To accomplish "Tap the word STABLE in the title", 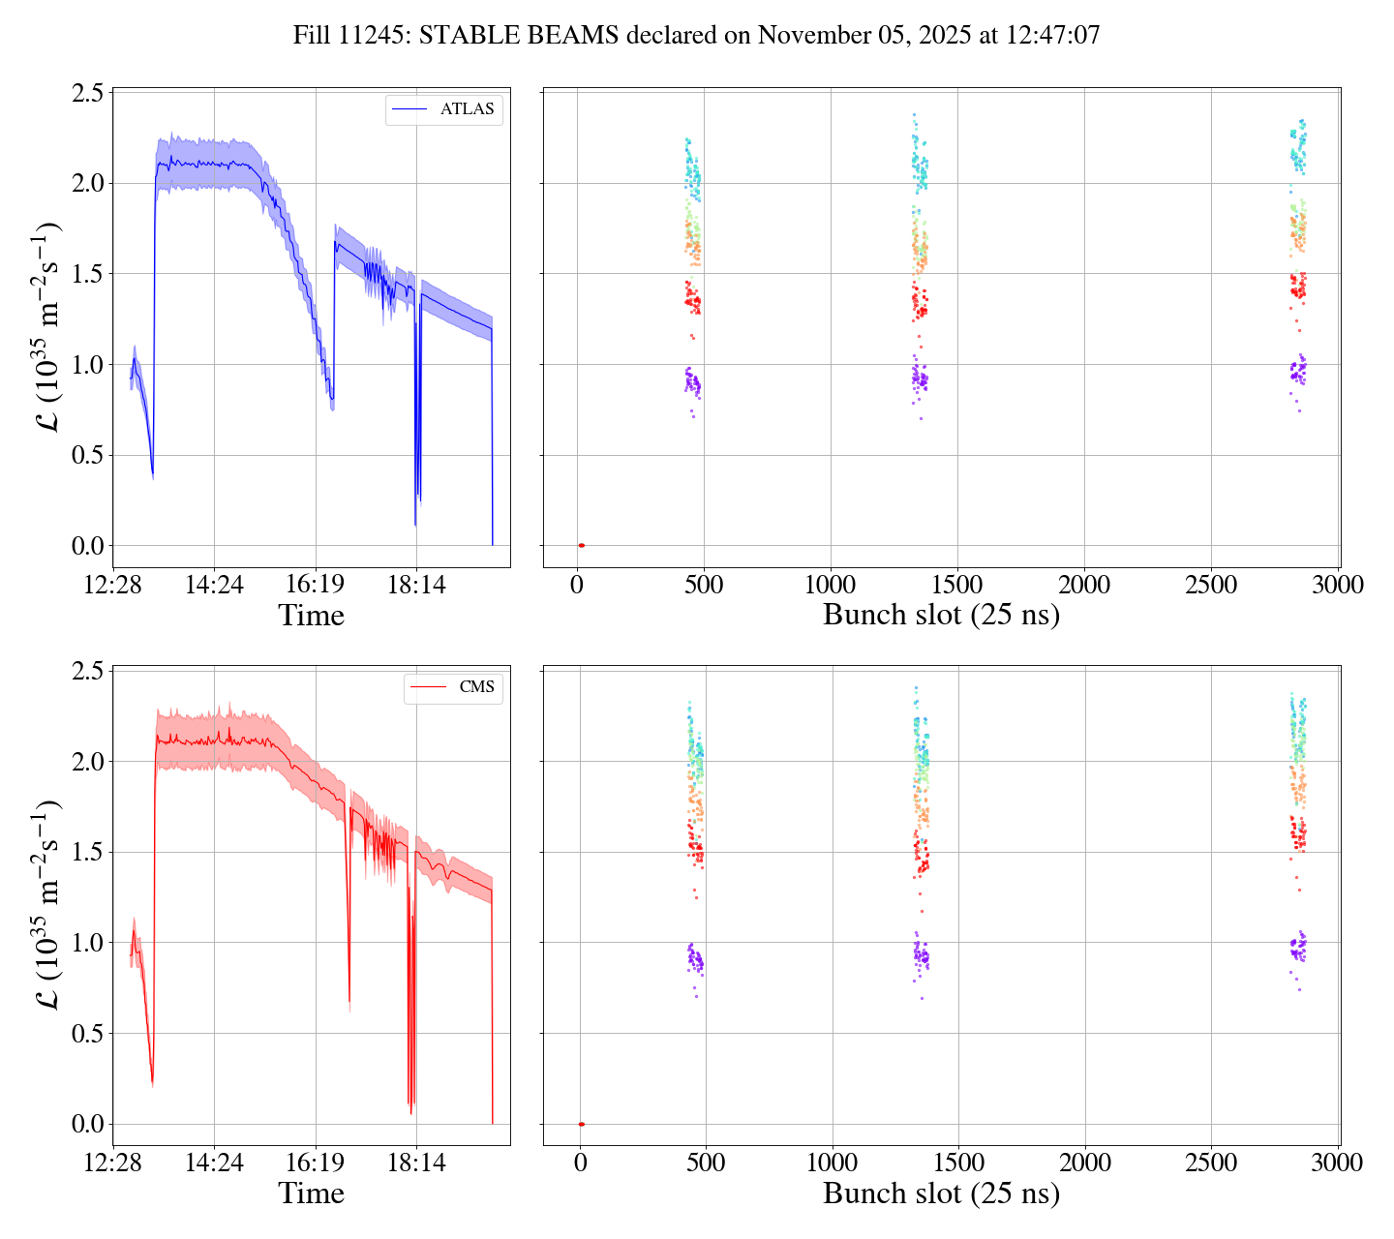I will [474, 36].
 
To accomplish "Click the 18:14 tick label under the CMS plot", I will [416, 1163].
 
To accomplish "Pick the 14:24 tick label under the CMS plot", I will [215, 1163].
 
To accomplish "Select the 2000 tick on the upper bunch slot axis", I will [1085, 585].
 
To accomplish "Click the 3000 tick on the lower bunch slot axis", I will [1339, 1163].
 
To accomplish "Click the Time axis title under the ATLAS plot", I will [312, 616].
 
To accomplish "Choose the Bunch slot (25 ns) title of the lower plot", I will [941, 1194].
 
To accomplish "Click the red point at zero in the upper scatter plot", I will [581, 546].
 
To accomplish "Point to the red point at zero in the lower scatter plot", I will [581, 1124].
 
